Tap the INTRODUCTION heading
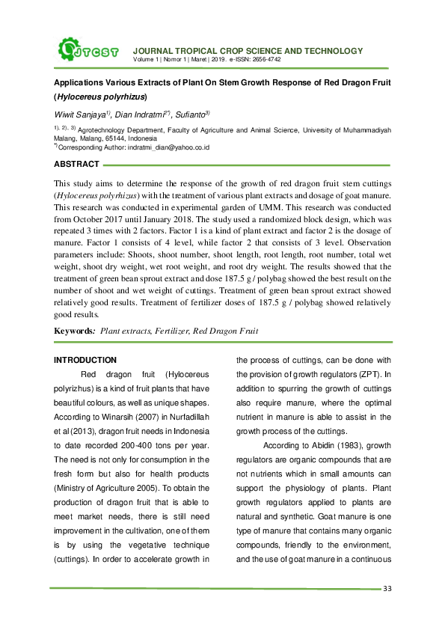[85, 360]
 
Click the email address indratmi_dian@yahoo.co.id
[169, 147]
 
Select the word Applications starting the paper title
[79, 82]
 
